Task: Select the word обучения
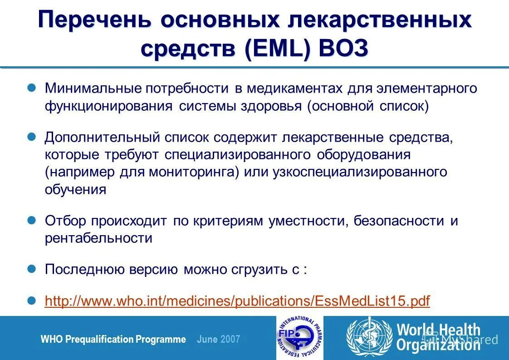75,190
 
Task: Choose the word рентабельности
98,238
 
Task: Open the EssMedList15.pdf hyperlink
237,301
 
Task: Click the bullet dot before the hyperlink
32,300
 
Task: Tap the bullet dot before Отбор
32,220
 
